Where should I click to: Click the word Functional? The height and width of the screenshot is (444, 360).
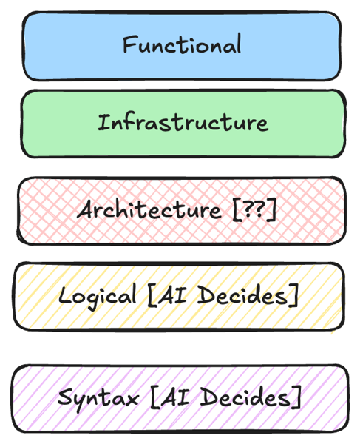[182, 44]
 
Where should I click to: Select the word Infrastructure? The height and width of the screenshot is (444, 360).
[183, 122]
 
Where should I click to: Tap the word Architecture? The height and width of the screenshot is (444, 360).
[149, 209]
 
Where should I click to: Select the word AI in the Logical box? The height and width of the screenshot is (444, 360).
[171, 295]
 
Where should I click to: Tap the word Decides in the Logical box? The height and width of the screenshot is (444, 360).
[242, 295]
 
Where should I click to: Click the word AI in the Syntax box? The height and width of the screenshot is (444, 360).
[175, 397]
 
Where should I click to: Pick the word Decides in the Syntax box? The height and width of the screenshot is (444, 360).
[245, 397]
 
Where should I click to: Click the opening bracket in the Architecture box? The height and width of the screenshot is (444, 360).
[237, 210]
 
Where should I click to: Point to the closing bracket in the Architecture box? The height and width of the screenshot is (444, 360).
[272, 209]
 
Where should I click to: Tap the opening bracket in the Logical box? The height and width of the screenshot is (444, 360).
[152, 295]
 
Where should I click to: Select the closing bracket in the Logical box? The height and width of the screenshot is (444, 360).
[294, 295]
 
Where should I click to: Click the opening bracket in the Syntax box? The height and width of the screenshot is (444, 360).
[155, 397]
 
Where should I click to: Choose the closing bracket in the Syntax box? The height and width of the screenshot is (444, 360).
[297, 397]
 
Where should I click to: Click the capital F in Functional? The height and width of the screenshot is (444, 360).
[129, 44]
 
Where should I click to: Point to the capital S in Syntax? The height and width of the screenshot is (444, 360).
[65, 397]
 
